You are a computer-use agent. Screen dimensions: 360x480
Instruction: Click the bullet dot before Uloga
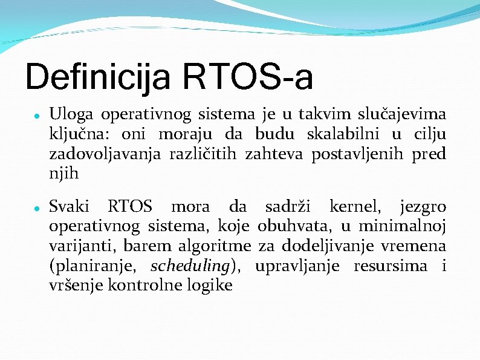(37, 114)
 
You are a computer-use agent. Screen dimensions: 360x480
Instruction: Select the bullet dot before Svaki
(37, 208)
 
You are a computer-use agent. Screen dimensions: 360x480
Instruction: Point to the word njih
(63, 174)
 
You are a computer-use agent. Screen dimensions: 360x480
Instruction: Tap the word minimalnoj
(403, 227)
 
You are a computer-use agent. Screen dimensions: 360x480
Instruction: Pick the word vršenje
(76, 286)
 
